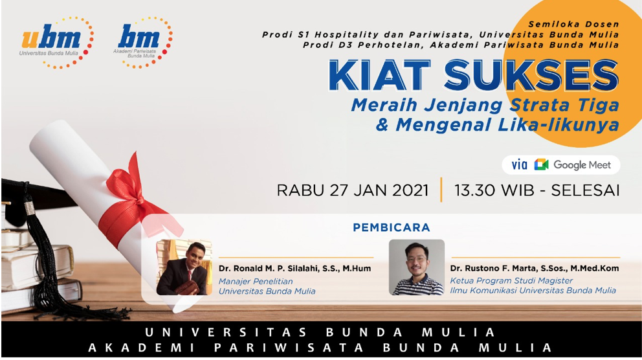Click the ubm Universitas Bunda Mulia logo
[x=56, y=42]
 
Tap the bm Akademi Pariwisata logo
[x=143, y=42]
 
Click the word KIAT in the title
[x=379, y=75]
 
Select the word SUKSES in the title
[x=531, y=75]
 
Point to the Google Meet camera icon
[x=541, y=164]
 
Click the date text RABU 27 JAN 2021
[x=353, y=190]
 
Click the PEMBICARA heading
[x=392, y=228]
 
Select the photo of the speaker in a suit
[x=184, y=267]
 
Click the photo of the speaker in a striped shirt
[x=417, y=267]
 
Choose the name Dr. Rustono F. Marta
[x=493, y=269]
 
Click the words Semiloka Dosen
[x=573, y=24]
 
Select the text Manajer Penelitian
[x=256, y=282]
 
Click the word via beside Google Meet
[x=519, y=164]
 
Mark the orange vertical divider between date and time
[x=441, y=190]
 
